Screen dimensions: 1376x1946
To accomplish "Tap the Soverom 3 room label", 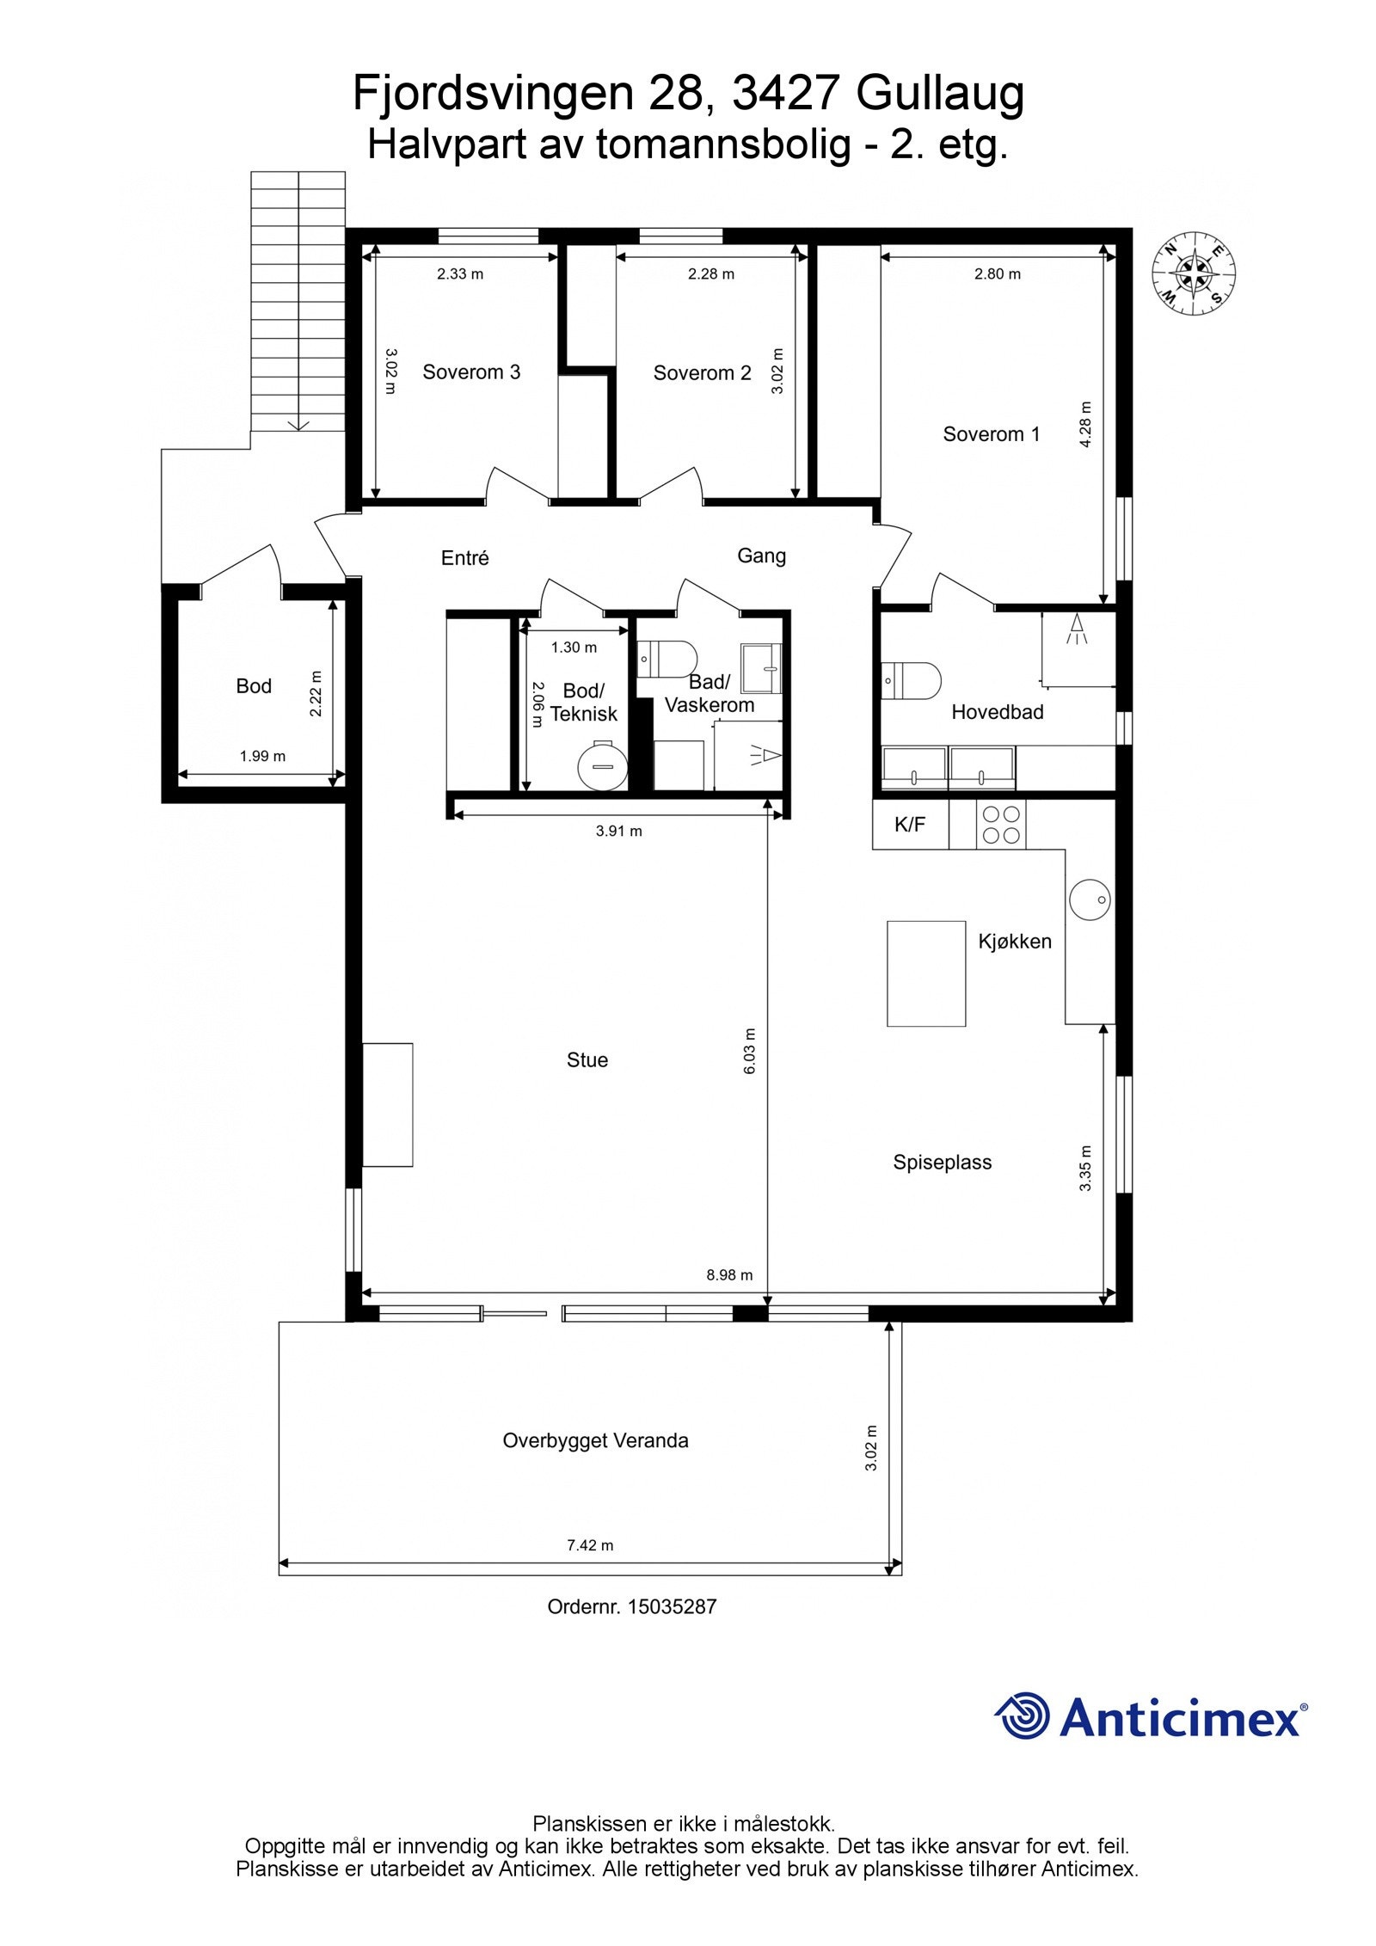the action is click(471, 372).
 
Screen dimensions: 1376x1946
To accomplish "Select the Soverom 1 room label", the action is click(992, 434).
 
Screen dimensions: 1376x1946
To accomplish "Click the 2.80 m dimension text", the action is click(998, 274).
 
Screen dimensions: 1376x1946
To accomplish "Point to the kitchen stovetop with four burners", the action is click(1001, 825).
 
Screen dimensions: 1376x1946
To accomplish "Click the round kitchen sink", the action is click(1090, 899).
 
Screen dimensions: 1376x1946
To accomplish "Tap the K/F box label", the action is click(910, 825).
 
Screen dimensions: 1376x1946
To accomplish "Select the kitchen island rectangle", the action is click(926, 973).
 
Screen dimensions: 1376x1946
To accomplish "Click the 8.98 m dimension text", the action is click(729, 1275).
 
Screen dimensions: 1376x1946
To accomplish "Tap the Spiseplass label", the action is click(943, 1163).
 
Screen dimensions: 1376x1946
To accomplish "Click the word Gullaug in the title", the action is click(940, 94).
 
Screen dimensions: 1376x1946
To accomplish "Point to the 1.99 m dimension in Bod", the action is click(262, 757).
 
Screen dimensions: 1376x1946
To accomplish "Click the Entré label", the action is click(464, 558).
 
